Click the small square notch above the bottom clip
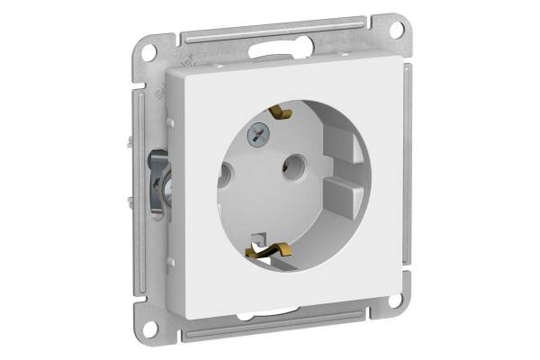(260, 238)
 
